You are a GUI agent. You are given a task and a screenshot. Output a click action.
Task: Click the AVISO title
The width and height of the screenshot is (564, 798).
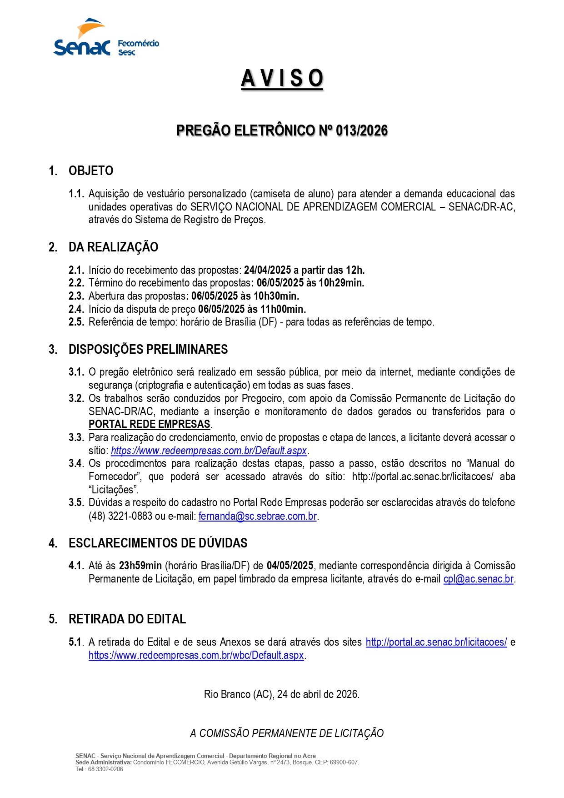click(x=282, y=78)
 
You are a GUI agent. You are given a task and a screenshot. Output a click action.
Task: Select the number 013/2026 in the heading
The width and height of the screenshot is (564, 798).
click(x=362, y=131)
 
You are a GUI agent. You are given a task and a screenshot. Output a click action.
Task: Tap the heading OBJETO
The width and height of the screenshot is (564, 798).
click(x=91, y=171)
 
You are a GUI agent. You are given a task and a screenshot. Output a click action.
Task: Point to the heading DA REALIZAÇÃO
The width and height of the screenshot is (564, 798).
click(x=113, y=247)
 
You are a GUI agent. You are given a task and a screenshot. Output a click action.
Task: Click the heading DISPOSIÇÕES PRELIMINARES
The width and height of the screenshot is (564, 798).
click(x=148, y=350)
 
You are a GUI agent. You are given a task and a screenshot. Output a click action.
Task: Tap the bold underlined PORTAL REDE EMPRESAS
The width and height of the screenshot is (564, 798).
click(x=149, y=424)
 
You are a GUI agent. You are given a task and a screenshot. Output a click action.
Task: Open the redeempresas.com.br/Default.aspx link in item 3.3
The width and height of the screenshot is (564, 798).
click(x=209, y=451)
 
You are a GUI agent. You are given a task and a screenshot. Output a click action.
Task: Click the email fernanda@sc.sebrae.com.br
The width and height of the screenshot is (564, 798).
click(x=257, y=516)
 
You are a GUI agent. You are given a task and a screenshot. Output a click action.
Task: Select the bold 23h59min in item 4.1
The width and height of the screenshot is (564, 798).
click(x=140, y=566)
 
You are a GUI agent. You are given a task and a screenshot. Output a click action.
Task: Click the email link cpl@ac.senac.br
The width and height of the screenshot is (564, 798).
click(x=478, y=579)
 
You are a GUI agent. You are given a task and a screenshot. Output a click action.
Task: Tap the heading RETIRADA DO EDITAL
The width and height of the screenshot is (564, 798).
click(x=127, y=619)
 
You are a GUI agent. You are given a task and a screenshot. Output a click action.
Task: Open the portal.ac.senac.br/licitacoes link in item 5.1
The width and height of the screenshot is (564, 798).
click(x=436, y=642)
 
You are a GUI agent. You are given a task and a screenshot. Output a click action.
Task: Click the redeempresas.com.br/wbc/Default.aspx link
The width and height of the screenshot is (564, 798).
click(x=196, y=655)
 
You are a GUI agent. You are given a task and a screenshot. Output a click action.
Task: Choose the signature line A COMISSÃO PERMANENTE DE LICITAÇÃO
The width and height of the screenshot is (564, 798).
click(x=287, y=733)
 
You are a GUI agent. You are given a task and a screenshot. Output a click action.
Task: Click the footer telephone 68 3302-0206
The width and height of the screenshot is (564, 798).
click(x=105, y=769)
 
